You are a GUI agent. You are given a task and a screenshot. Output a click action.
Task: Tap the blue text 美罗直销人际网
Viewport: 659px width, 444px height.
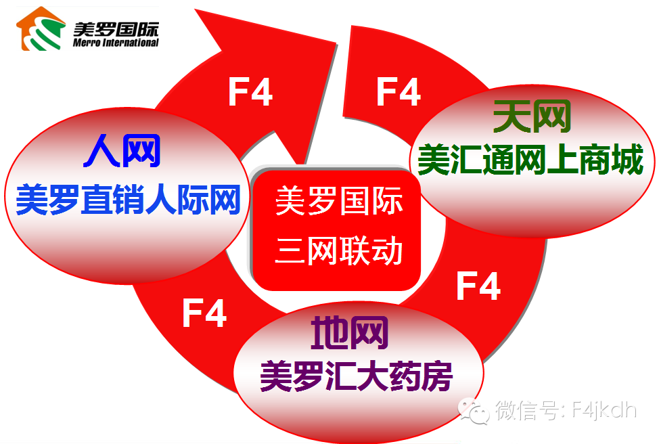(128, 199)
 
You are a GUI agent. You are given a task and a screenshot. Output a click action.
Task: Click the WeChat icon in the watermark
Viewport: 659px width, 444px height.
(473, 409)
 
